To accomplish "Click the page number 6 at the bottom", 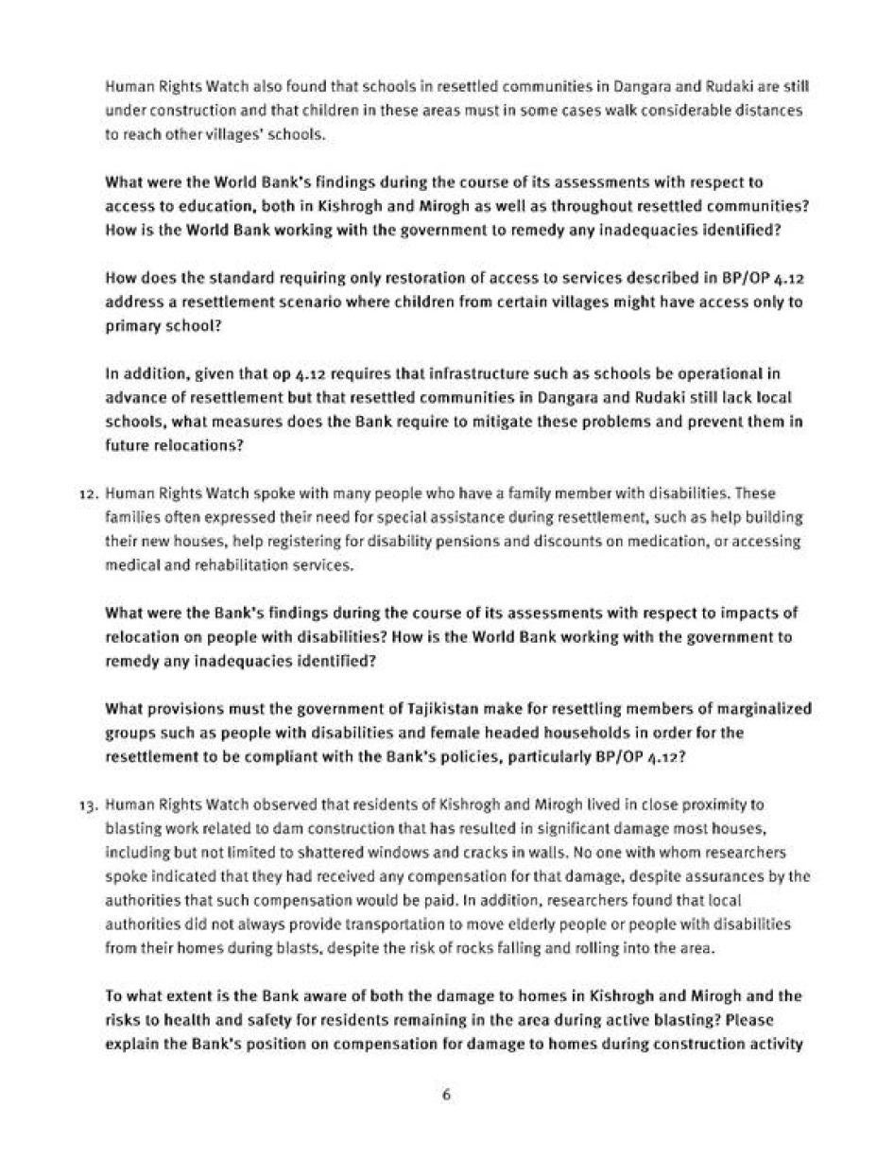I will (x=446, y=1095).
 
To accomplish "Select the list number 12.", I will (x=87, y=493).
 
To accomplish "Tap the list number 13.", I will (x=87, y=805).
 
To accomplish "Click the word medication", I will (x=682, y=542).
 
